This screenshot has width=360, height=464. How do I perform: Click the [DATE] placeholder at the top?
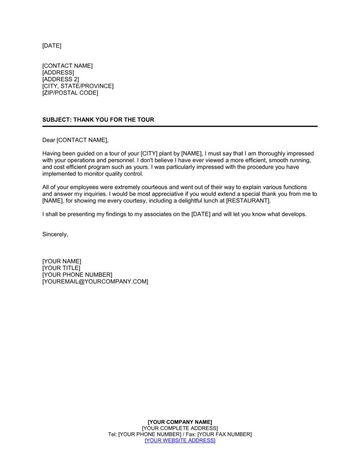[x=52, y=46]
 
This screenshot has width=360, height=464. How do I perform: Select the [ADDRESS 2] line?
[x=60, y=79]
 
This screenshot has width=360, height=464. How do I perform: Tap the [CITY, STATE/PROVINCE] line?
[x=78, y=86]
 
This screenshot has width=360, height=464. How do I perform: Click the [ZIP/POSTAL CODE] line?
[x=70, y=93]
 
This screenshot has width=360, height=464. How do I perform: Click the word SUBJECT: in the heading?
[x=57, y=120]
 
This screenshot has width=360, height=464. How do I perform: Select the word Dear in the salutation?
[x=49, y=140]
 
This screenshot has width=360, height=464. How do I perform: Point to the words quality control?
[x=124, y=174]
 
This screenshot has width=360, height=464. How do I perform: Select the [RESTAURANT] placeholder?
[x=248, y=201]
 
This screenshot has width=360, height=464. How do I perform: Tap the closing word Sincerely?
[x=55, y=235]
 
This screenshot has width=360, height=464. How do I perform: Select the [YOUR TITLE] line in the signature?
[x=61, y=268]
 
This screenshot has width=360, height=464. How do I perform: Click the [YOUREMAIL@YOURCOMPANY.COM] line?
[x=95, y=282]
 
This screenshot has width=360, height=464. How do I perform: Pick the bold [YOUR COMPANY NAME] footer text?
[x=180, y=422]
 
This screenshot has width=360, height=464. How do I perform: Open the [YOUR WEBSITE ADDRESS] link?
[x=180, y=441]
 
